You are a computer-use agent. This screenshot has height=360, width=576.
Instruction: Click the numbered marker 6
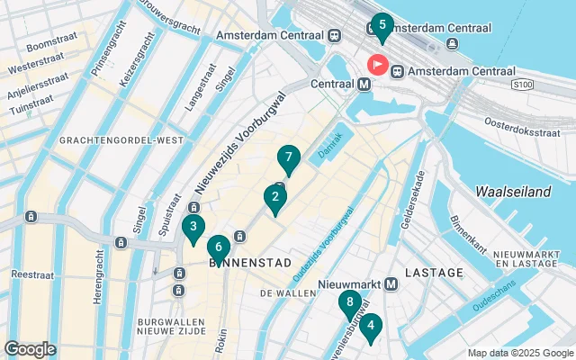coord(218,247)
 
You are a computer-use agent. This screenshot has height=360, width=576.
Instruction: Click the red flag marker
coord(376,64)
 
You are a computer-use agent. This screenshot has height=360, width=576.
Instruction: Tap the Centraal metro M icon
coord(364,84)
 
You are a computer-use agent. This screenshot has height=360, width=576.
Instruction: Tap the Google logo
coord(31,348)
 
